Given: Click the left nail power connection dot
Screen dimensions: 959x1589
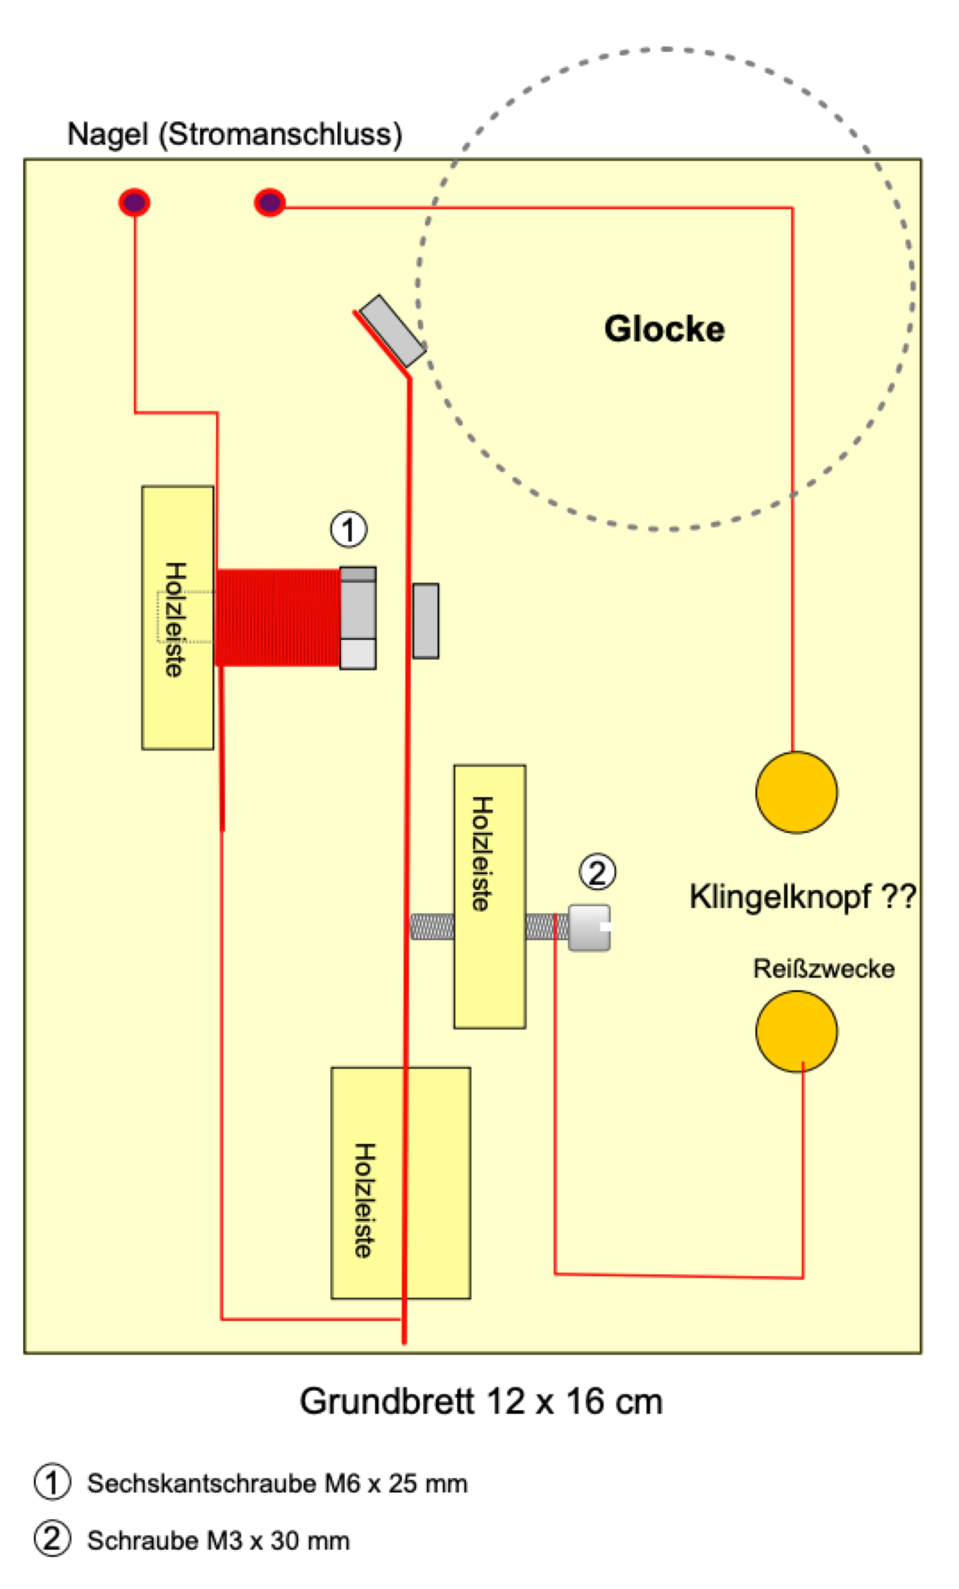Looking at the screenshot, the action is [134, 202].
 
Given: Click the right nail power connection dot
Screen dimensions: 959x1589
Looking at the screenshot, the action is [269, 202].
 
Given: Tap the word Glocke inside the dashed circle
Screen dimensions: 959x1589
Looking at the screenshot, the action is [664, 329].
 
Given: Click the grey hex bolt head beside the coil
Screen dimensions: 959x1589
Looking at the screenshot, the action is [358, 618].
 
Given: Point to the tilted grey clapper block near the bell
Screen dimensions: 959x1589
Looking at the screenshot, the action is [392, 331].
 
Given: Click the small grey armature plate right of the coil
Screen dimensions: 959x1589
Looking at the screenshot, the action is [425, 620].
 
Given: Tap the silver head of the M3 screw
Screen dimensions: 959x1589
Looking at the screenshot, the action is [589, 927].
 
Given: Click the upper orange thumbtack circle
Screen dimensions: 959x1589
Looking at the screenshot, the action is [796, 792].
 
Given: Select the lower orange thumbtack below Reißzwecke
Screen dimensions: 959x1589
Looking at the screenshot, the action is [796, 1031].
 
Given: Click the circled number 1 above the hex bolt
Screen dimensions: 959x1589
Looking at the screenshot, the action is [349, 530].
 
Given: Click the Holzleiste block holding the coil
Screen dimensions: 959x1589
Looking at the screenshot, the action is [177, 617].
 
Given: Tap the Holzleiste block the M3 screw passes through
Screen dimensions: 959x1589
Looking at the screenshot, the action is [489, 896].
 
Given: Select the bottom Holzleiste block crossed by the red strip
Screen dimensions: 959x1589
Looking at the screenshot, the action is [400, 1183].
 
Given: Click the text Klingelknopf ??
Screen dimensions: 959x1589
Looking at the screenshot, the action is [802, 896].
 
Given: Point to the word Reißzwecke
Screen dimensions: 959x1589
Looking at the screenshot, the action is [824, 969].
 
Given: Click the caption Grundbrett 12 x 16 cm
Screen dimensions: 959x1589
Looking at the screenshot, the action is [481, 1401].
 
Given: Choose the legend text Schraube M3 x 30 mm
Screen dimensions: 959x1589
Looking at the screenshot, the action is [218, 1541].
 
